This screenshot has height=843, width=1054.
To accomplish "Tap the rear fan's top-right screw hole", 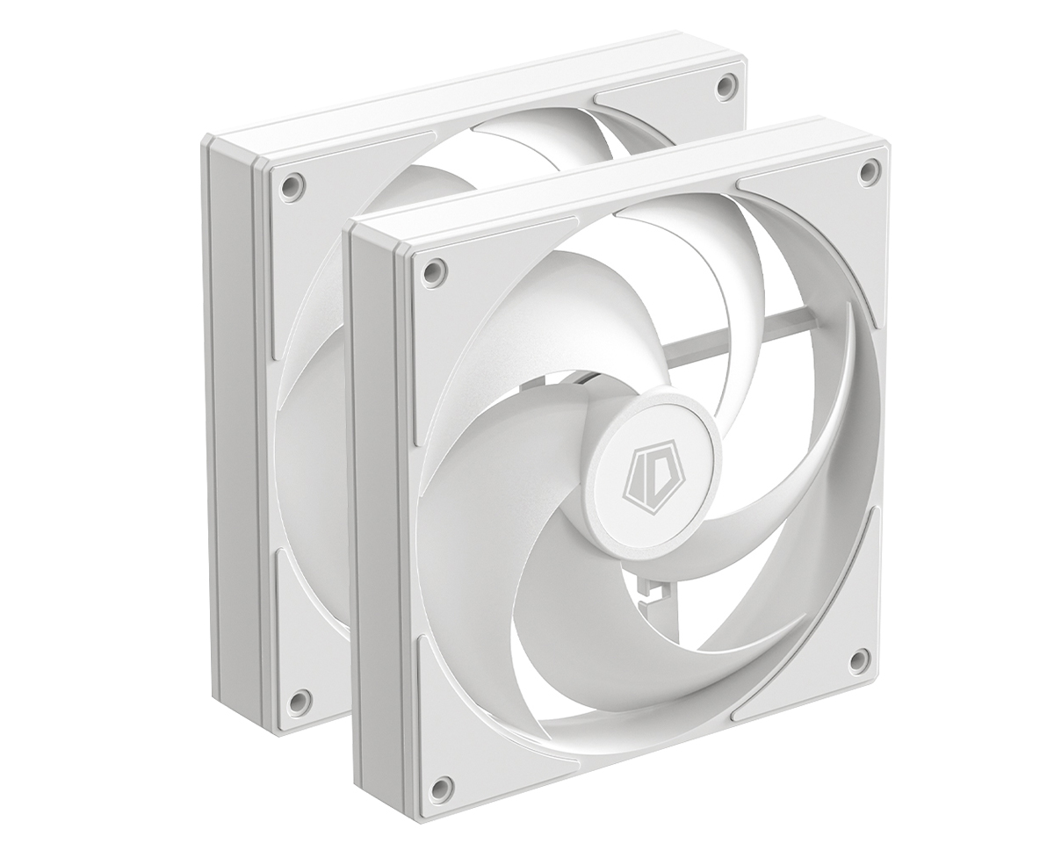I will pyautogui.click(x=725, y=85).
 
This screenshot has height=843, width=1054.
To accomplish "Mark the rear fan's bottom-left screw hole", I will pyautogui.click(x=298, y=700).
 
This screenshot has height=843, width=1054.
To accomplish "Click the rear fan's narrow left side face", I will pyautogui.click(x=230, y=421).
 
